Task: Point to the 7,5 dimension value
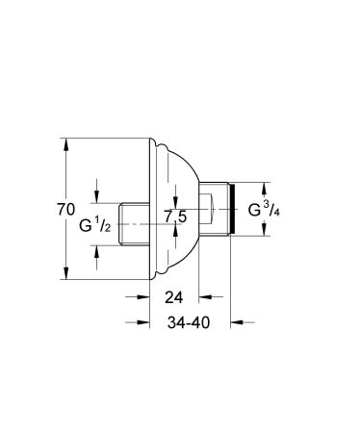(176, 217)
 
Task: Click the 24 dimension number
(173, 297)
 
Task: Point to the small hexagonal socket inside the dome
(211, 205)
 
